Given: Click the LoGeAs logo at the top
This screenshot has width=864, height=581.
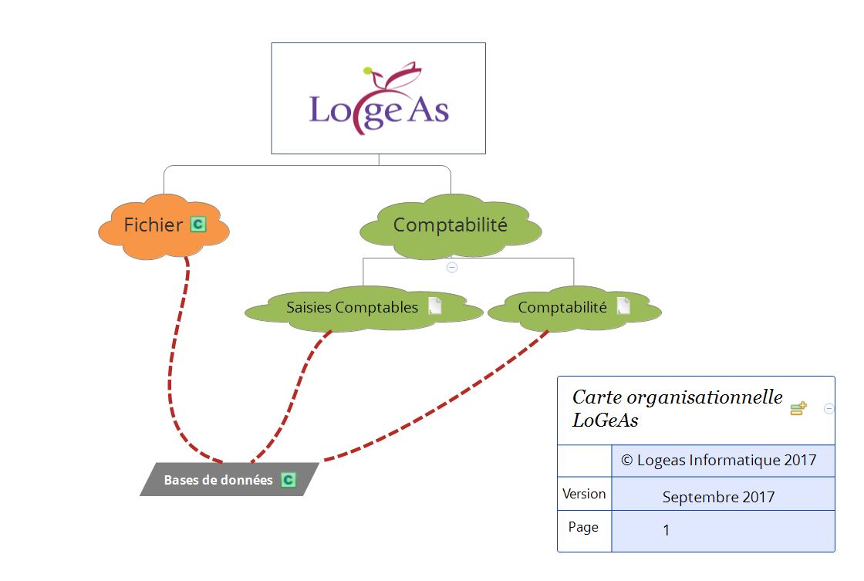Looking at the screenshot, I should click(x=378, y=99).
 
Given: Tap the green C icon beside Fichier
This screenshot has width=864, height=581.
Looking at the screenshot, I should click(x=198, y=225).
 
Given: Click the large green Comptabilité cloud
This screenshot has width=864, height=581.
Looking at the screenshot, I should click(x=451, y=225).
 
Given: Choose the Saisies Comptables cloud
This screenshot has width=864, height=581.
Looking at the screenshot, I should click(x=352, y=308).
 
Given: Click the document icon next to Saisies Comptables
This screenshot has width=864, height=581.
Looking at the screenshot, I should click(x=435, y=306).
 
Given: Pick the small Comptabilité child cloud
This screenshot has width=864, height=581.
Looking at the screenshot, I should click(x=562, y=308).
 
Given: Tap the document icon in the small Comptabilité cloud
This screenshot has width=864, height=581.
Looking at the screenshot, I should click(x=623, y=306).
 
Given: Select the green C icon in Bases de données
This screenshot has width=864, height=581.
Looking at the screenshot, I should click(x=288, y=480).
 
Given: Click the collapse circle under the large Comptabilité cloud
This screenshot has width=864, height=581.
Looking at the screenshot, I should click(x=452, y=268).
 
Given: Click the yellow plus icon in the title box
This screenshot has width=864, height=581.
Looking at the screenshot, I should click(x=798, y=409).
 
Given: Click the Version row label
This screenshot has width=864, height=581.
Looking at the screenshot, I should click(x=584, y=494).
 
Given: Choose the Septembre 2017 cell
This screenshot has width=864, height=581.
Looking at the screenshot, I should click(x=718, y=497).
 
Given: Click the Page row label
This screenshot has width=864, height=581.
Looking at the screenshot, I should click(x=583, y=528).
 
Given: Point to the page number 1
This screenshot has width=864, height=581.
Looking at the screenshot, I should click(x=667, y=531).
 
